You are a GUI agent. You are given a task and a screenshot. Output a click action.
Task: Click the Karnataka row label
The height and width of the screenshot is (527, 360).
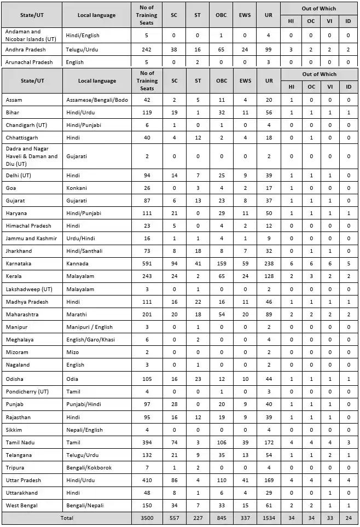point(18,264)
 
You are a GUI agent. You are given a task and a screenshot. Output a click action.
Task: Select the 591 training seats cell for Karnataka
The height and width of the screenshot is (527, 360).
point(147,264)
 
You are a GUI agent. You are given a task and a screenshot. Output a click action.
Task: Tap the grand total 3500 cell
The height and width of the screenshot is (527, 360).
point(147,518)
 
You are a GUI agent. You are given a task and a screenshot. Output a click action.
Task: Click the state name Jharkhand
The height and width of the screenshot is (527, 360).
point(19,251)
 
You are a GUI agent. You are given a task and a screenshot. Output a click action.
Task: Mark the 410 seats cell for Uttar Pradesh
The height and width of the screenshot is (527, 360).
point(147,480)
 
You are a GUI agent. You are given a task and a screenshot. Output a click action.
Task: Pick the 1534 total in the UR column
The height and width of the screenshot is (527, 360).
point(269,518)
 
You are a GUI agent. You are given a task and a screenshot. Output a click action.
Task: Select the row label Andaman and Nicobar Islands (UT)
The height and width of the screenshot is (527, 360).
point(30,36)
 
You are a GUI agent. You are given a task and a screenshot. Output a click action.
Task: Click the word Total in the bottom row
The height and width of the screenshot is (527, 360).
point(66,518)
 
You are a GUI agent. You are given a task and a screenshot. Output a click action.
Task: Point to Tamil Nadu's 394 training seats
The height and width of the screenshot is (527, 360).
point(147,442)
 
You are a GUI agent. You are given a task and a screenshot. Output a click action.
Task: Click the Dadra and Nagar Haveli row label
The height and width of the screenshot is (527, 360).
point(31,157)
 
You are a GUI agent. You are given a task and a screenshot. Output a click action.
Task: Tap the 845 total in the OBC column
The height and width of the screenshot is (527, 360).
point(221,518)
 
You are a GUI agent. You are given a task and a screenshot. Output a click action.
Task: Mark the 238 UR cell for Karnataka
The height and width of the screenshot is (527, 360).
point(269,264)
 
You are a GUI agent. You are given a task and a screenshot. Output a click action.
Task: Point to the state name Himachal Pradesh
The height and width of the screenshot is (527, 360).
point(28,225)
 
